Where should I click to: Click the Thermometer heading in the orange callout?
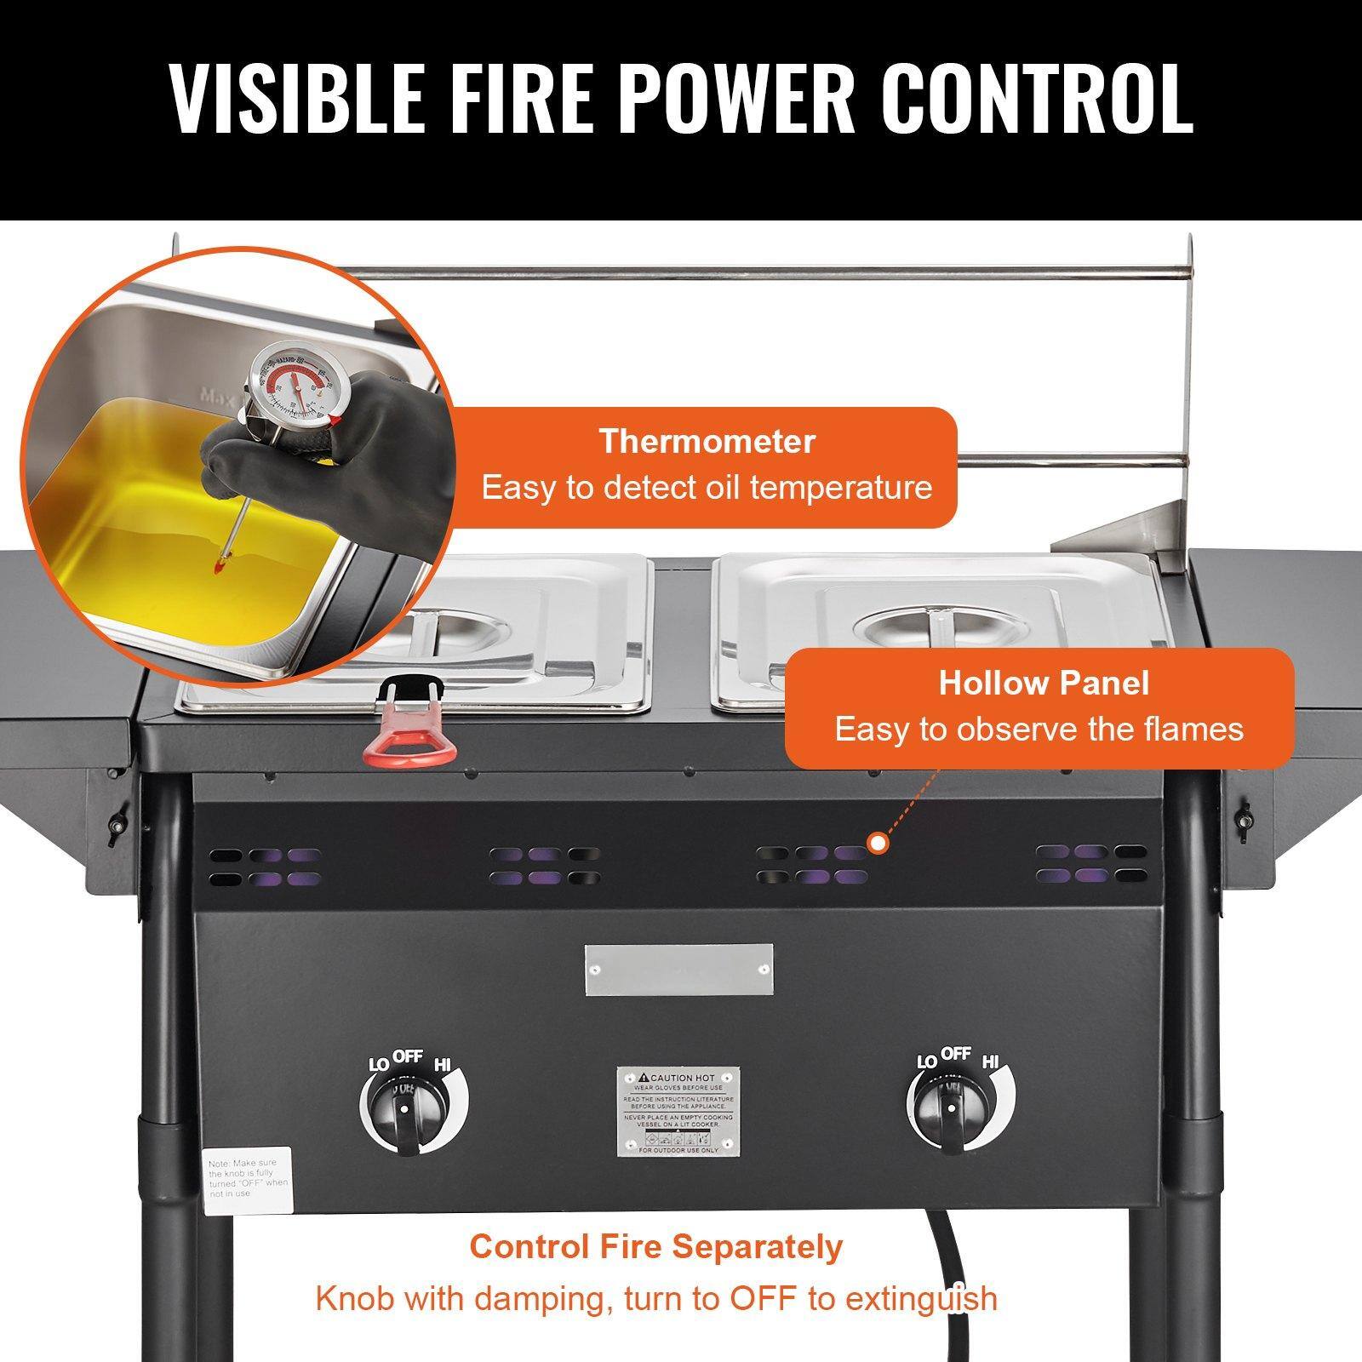pos(707,442)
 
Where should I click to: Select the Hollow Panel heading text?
pos(1044,684)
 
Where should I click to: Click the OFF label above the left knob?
pos(408,1056)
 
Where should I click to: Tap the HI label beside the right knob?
pos(990,1062)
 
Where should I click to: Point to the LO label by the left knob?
pos(378,1065)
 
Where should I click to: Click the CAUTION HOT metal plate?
pos(678,1110)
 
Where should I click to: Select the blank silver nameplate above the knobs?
pos(678,970)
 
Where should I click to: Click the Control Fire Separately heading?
pos(655,1246)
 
